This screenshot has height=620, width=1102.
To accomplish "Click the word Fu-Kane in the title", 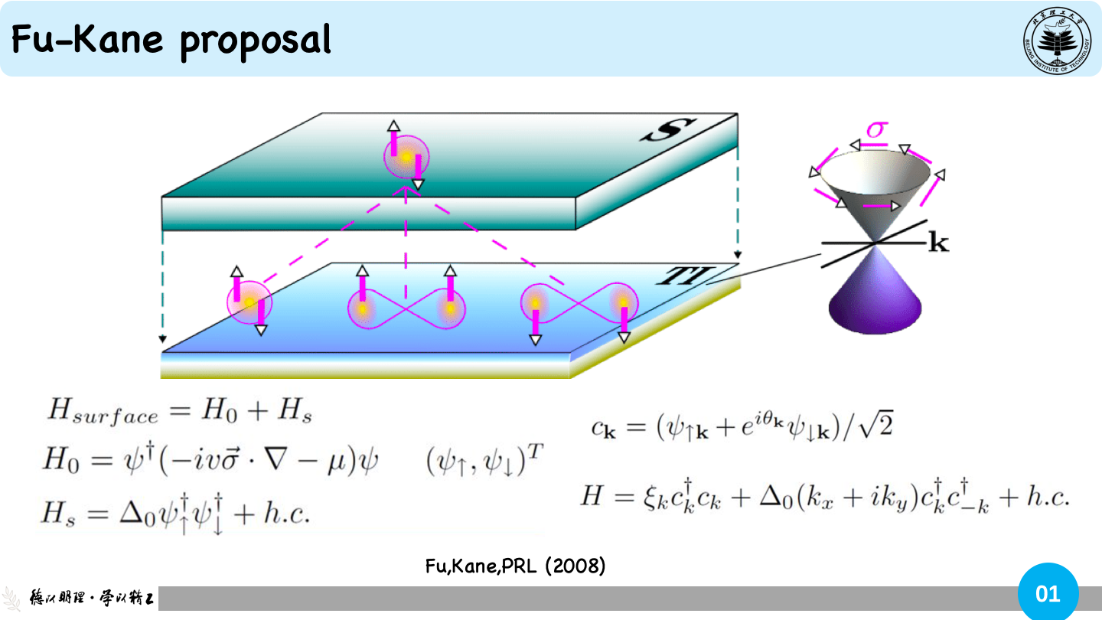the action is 87,39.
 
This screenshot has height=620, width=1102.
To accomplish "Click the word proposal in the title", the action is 256,42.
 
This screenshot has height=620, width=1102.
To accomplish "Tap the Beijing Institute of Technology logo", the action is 1058,41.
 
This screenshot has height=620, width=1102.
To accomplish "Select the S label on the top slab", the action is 669,130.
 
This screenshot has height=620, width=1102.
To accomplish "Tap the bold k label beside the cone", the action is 938,243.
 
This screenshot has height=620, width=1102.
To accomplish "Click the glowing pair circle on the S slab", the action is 406,157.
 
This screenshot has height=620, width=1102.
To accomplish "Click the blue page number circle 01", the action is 1048,593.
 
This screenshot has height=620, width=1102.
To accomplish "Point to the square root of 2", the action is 875,425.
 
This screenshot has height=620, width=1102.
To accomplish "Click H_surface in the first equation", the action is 103,411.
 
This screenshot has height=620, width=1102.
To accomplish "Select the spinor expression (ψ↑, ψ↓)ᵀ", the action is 484,459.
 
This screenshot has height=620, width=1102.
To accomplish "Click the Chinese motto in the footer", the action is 92,598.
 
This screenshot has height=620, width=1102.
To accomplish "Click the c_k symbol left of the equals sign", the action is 603,429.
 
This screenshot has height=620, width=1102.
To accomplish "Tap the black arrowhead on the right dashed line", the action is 738,255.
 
